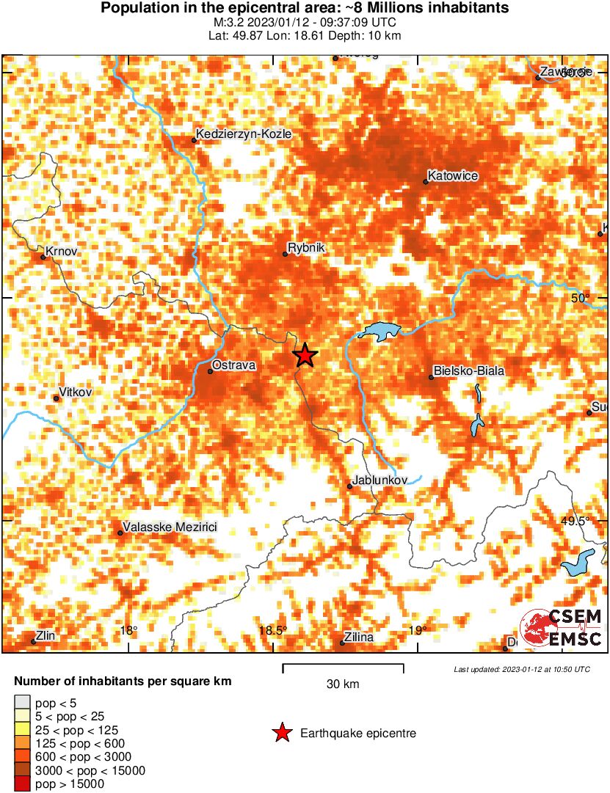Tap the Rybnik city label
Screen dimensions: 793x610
coord(306,249)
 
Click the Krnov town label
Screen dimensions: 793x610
coord(61,252)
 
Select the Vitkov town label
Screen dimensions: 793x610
coord(76,392)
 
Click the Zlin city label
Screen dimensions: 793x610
coord(46,636)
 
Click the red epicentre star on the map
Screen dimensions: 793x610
coord(305,356)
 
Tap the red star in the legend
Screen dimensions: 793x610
coord(281,733)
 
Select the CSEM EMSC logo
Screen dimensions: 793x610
coord(562,629)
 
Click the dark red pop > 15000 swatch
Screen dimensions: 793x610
coord(22,783)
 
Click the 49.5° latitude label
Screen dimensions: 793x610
coord(575,522)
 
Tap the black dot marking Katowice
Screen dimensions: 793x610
coord(426,181)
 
